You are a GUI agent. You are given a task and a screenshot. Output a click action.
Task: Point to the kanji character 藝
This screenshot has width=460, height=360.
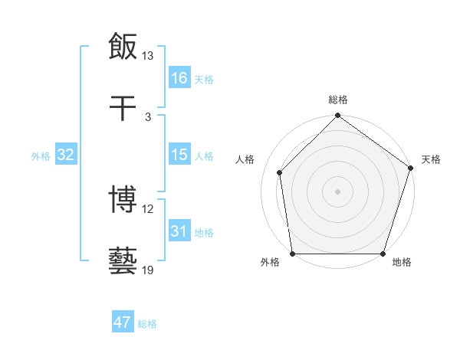[x=123, y=260]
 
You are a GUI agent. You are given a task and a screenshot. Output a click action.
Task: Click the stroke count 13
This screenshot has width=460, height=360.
[x=148, y=56]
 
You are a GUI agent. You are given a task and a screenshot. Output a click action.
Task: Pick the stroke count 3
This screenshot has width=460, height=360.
[x=148, y=116]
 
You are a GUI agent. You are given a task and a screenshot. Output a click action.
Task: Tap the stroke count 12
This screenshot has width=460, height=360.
[x=148, y=208]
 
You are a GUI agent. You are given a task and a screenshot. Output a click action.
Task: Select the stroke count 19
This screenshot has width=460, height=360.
[x=148, y=270]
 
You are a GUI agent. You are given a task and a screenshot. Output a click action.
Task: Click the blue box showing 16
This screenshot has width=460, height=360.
[x=179, y=78]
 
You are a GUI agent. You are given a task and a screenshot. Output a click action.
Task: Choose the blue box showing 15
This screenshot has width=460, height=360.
[x=179, y=155]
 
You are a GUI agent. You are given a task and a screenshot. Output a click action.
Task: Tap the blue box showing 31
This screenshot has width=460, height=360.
[x=179, y=231]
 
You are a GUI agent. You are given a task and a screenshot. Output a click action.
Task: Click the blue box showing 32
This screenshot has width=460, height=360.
[x=66, y=155]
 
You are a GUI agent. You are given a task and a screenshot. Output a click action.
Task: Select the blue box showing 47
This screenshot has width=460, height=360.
[x=123, y=322]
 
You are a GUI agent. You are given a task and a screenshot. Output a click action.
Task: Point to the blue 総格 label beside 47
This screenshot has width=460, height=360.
[x=147, y=324]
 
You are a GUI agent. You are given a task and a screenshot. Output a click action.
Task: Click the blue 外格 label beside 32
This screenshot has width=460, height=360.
[x=41, y=156]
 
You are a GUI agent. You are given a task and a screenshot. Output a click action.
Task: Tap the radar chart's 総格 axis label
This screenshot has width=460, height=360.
[x=338, y=100]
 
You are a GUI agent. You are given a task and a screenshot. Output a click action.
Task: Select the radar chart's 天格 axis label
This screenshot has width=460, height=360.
[x=431, y=159]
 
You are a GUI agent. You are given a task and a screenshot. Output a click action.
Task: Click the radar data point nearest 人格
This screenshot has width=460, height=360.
[x=280, y=172]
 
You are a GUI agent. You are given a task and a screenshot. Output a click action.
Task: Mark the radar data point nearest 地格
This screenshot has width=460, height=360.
[x=383, y=254]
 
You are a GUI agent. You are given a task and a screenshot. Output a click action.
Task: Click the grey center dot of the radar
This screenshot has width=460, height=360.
[x=338, y=191]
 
